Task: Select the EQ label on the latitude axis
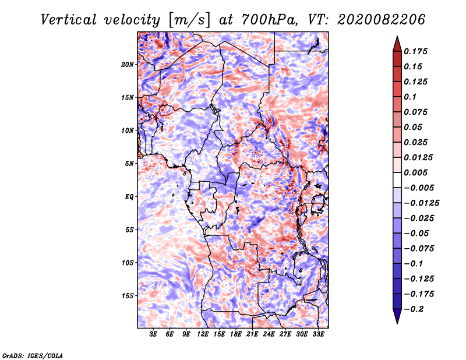[129, 196]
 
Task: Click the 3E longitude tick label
[154, 334]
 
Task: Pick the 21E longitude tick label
[252, 334]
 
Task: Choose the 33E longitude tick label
[318, 334]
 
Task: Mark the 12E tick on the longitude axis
[203, 334]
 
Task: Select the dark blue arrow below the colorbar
[396, 317]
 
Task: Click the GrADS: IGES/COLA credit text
[33, 355]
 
